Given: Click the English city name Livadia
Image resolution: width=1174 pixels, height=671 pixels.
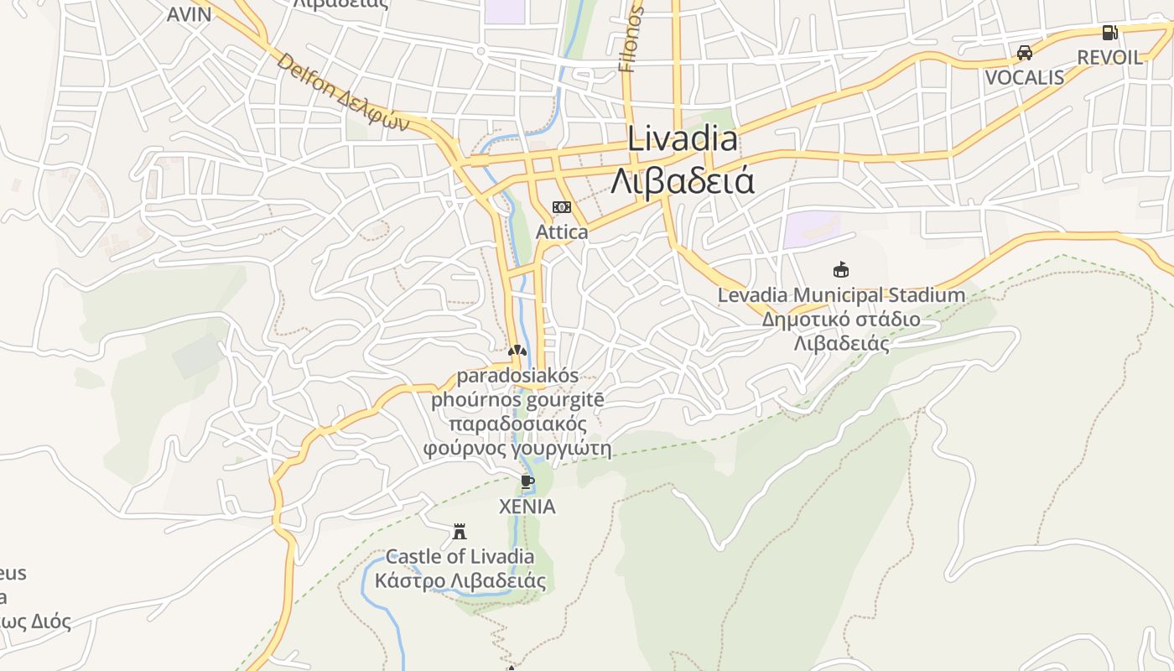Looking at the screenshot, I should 683,139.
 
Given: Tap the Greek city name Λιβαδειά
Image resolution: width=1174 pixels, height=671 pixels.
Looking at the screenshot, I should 683,180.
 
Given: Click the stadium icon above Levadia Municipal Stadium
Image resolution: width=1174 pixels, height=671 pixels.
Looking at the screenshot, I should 840,269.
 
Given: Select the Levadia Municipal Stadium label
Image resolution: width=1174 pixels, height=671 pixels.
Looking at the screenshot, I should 841,295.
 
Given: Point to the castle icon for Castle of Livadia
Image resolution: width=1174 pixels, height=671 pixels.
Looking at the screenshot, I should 460,531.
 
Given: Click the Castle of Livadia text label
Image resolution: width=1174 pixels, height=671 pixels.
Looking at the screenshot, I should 460,556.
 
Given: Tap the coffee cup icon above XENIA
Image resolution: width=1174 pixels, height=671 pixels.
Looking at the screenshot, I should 527,481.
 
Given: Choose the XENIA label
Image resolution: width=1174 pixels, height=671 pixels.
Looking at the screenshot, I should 527,507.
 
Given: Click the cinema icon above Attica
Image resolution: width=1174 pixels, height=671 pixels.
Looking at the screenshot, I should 561,207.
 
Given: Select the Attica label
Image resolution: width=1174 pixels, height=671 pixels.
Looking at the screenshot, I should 561,231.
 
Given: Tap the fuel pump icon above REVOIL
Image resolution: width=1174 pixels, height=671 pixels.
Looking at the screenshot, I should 1109,33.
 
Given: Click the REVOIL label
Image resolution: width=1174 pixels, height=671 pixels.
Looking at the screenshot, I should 1109,58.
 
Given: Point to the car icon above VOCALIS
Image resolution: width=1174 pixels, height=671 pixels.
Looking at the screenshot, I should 1024,53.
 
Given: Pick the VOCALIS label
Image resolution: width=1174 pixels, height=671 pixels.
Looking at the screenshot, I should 1024,78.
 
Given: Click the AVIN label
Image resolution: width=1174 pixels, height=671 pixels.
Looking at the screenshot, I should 189,14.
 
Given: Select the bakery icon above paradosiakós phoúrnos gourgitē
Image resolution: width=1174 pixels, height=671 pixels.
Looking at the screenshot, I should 517,350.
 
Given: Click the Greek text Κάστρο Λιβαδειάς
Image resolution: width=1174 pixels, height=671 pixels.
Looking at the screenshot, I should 460,580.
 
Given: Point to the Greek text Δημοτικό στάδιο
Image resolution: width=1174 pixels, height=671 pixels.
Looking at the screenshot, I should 840,320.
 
